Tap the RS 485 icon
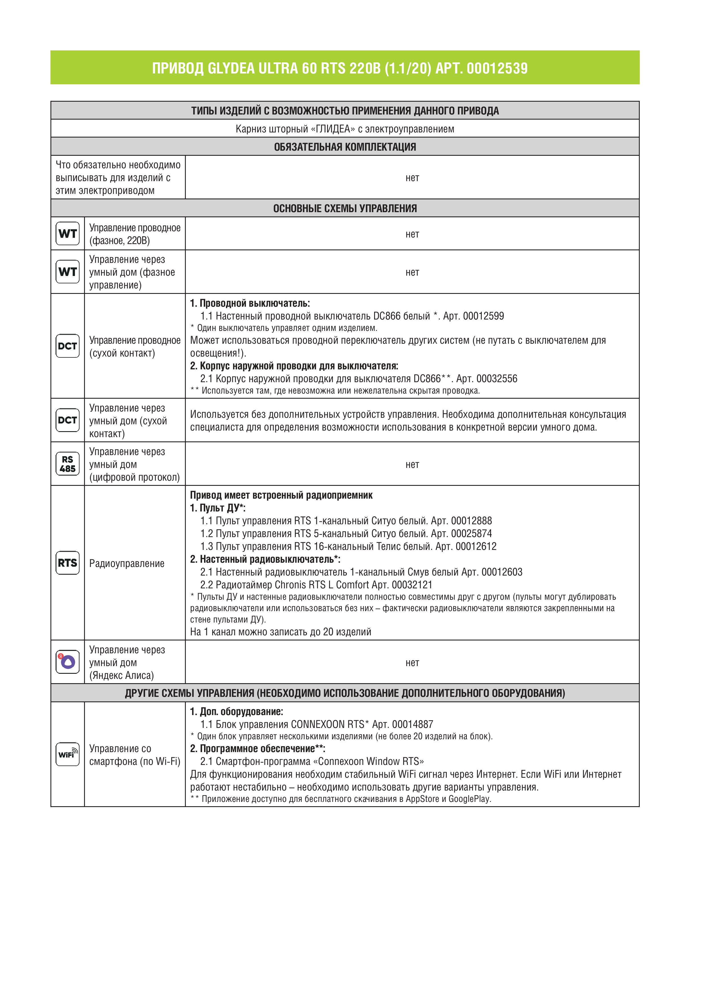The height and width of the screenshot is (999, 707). tap(68, 464)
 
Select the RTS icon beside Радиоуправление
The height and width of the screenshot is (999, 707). tap(68, 563)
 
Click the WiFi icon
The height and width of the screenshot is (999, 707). tap(68, 754)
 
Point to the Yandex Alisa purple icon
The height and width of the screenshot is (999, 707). tap(68, 662)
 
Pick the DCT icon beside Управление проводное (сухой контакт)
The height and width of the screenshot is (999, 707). tap(68, 346)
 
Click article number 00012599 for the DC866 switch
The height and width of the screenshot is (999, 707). tap(483, 316)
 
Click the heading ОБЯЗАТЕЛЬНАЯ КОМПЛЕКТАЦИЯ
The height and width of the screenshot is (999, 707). tap(345, 147)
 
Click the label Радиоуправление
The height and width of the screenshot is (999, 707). tap(127, 564)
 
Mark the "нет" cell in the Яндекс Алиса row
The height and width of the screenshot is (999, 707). tap(412, 663)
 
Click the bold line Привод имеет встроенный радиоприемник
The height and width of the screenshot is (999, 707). tap(281, 495)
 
